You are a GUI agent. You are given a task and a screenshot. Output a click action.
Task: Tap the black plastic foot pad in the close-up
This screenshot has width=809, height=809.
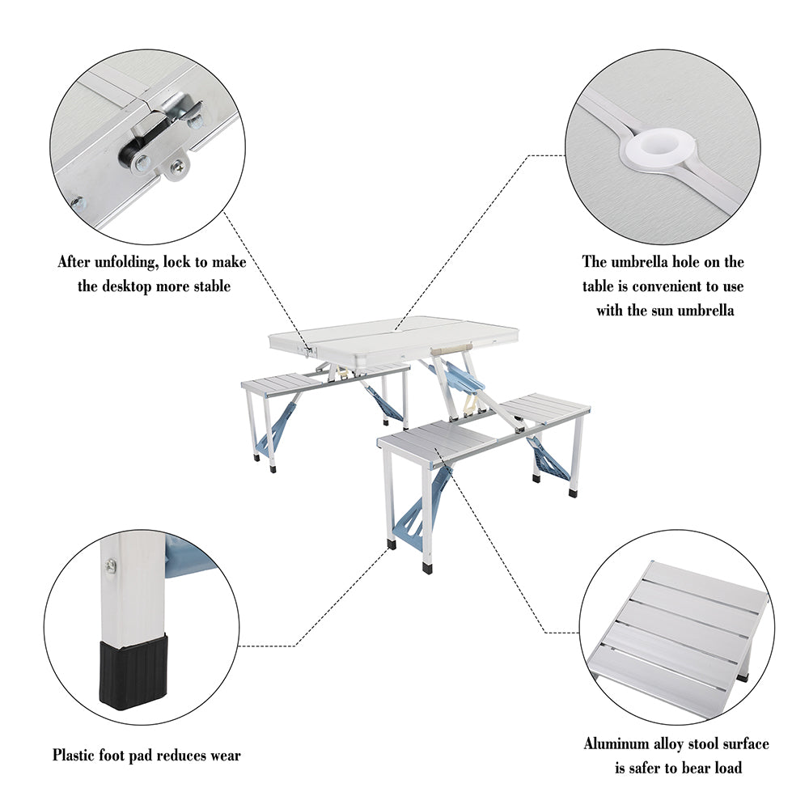134,671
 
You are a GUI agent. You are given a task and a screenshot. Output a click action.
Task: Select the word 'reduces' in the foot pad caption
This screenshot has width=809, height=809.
176,756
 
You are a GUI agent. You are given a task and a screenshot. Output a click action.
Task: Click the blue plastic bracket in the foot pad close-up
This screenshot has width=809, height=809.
186,558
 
